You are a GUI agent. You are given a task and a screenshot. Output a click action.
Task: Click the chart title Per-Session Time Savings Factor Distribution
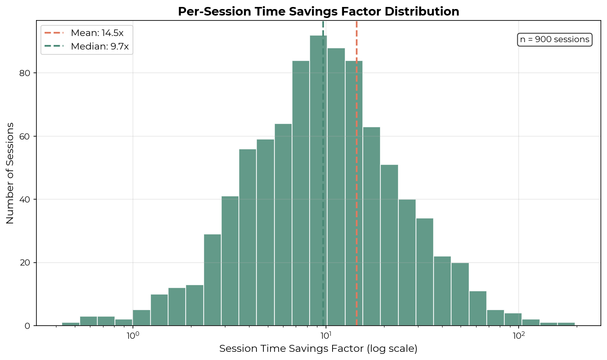pyautogui.click(x=318, y=11)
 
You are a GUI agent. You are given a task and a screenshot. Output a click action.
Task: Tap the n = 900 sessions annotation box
pyautogui.click(x=554, y=40)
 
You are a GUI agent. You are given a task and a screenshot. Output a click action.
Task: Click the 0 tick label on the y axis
pyautogui.click(x=28, y=326)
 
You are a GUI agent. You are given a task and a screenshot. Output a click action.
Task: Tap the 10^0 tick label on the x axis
pyautogui.click(x=133, y=336)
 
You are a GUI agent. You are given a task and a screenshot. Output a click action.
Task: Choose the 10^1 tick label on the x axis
pyautogui.click(x=326, y=336)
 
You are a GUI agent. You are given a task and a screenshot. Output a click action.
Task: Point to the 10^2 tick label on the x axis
pyautogui.click(x=519, y=336)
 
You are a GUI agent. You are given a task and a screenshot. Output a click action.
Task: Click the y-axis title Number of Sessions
pyautogui.click(x=10, y=173)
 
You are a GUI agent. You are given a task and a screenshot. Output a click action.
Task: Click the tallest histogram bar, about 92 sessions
pyautogui.click(x=318, y=180)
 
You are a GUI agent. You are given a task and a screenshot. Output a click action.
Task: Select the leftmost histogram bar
pyautogui.click(x=71, y=324)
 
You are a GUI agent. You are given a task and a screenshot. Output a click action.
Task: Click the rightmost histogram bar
pyautogui.click(x=566, y=324)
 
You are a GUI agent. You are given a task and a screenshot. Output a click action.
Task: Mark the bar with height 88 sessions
pyautogui.click(x=336, y=187)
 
